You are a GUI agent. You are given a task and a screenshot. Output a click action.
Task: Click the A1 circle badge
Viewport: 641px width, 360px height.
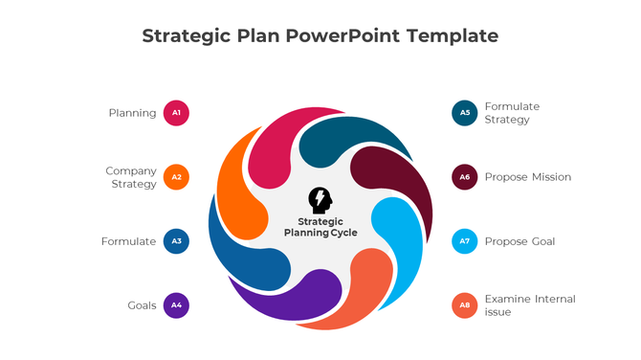click(x=176, y=113)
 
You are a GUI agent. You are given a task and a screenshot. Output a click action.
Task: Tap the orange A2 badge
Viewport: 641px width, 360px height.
click(x=176, y=177)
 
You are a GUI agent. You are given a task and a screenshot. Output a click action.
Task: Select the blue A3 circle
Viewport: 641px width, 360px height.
click(x=176, y=241)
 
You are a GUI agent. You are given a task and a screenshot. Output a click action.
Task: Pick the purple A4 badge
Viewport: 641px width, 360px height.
click(x=176, y=305)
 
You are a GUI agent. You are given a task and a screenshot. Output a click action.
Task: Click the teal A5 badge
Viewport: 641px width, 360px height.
click(x=465, y=113)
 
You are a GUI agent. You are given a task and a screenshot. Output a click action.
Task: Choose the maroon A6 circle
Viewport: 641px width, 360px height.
click(x=465, y=177)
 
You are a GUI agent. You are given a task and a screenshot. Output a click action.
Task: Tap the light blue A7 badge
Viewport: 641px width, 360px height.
click(x=465, y=241)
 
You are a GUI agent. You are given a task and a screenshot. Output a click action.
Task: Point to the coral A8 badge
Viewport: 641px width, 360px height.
click(x=465, y=305)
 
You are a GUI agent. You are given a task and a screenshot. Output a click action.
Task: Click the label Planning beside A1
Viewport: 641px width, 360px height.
click(x=132, y=113)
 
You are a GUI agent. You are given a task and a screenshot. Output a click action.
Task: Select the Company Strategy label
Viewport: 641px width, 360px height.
click(x=131, y=177)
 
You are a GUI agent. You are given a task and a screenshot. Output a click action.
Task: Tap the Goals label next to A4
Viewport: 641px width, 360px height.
click(x=142, y=305)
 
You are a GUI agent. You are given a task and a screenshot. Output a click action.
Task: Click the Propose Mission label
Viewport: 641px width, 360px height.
click(x=527, y=177)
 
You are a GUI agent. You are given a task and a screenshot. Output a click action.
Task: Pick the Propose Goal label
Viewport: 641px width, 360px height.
click(x=519, y=241)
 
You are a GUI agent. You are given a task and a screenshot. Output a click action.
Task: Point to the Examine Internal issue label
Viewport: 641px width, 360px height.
click(x=530, y=305)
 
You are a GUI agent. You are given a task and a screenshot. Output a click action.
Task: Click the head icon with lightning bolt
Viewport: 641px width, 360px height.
click(x=320, y=200)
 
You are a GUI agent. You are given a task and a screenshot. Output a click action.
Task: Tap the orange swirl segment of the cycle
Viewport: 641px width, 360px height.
click(x=238, y=191)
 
